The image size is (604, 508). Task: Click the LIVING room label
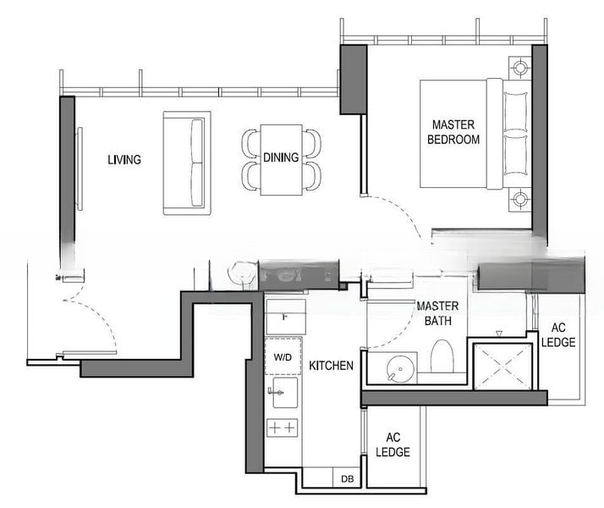point(124,159)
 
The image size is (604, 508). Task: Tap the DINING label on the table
point(281,157)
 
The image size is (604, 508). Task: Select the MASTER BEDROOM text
point(453,132)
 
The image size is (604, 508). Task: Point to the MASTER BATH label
point(437,313)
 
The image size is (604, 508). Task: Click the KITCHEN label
point(332,366)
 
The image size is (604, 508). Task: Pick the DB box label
point(348,479)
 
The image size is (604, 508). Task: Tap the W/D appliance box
point(283,356)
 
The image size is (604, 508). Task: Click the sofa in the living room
point(187,163)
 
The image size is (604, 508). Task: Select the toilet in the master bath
point(442,357)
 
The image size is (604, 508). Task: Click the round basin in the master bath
point(400,369)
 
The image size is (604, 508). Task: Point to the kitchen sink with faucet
point(283,392)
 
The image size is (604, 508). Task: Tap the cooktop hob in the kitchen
point(283,428)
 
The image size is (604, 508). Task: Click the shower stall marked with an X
point(502,366)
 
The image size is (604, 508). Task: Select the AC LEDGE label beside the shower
point(558,334)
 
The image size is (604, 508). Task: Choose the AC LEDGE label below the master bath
point(393,444)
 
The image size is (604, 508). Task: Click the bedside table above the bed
point(520,69)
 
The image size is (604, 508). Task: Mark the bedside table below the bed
point(520,200)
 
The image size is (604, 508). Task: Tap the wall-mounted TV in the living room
point(79,168)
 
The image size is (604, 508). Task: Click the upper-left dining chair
point(251,143)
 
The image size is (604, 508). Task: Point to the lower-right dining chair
point(311,176)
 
